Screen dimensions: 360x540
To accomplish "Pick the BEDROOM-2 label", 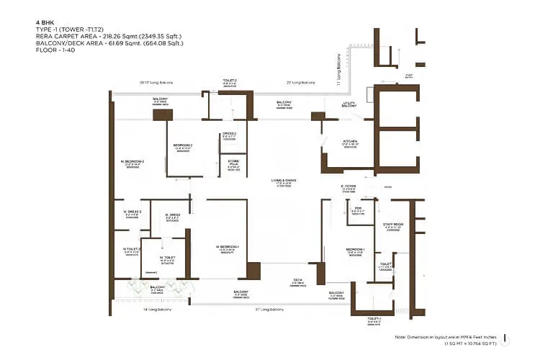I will [182, 145].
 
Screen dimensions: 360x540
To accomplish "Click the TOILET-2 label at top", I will [229, 81].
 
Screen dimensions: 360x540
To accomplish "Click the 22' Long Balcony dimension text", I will [300, 83].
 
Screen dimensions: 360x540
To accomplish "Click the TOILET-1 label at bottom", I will [373, 317].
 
